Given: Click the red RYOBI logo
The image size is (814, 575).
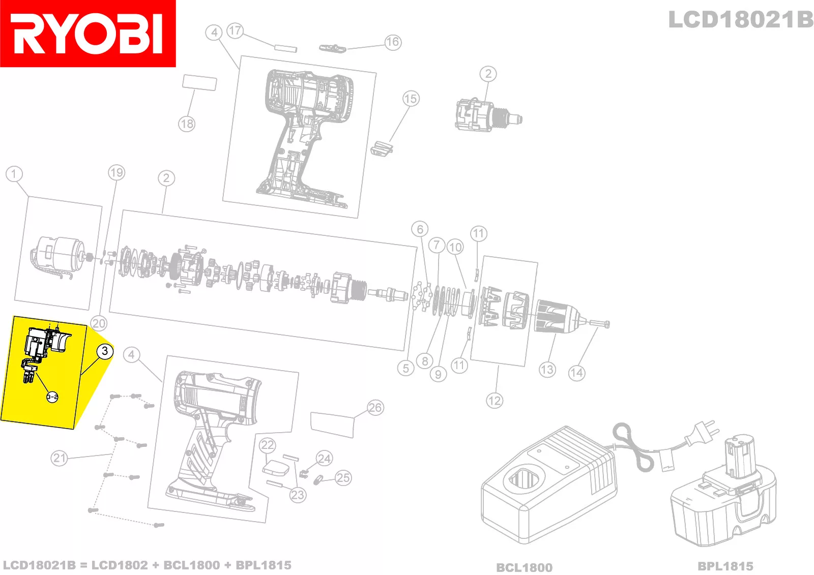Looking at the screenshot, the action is point(88,34).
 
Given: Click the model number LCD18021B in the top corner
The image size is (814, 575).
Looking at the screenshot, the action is point(741,20).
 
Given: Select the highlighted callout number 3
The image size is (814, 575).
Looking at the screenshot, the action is point(105,351).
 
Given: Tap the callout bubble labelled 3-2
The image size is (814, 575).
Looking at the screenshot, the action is point(52,397).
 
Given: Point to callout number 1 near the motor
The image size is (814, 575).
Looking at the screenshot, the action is point(14,174).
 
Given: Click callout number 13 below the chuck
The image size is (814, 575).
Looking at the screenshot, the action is point(547,370).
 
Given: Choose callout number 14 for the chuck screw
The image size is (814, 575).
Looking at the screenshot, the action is point(577,373).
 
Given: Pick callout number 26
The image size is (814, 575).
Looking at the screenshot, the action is point(375,408).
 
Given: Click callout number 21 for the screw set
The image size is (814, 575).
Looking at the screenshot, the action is point(59,458).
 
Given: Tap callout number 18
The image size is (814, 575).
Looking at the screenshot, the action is point(187,124).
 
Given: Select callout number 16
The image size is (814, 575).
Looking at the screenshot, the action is point(393,42).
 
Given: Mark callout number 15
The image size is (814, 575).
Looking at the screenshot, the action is point(411,99).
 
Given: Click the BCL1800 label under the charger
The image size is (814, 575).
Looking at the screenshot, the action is point(524,567).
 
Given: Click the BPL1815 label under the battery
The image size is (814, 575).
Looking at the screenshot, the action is point(725,566).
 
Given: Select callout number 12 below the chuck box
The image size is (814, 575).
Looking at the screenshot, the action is point(494,401).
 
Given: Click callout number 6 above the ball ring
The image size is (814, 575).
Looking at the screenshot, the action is point(420,229).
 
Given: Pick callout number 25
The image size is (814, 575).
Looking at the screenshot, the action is point(343,478).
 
